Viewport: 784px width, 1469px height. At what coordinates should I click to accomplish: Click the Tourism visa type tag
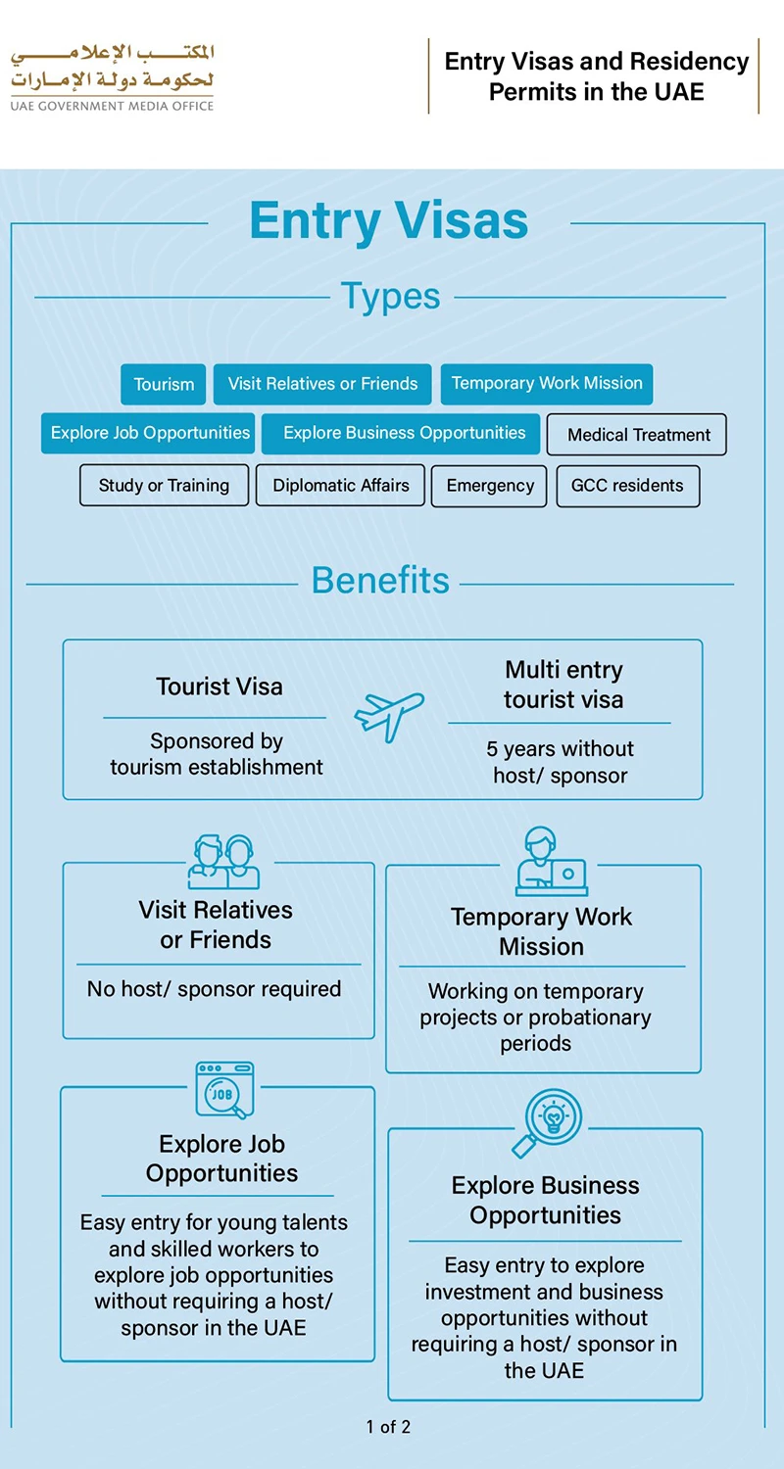tap(164, 384)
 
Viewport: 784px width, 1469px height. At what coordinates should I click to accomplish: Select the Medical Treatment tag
tap(636, 434)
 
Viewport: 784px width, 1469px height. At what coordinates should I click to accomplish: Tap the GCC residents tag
tap(628, 486)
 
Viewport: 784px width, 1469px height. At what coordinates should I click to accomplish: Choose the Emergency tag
tap(489, 486)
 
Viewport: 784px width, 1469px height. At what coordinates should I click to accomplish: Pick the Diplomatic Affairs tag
tap(340, 486)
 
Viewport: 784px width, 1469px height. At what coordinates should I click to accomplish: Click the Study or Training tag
tap(164, 486)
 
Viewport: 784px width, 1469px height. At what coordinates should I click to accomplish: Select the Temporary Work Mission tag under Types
tap(547, 384)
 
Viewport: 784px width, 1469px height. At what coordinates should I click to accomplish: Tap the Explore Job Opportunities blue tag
tap(148, 433)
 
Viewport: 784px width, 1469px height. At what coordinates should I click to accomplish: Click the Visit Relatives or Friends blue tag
tap(322, 384)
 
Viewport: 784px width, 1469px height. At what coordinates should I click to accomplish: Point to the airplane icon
tap(389, 716)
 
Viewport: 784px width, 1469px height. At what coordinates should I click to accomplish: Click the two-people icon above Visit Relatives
tap(223, 862)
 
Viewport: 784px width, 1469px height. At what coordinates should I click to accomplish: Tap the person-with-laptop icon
tap(551, 861)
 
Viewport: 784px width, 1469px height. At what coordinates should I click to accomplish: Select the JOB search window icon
tap(224, 1090)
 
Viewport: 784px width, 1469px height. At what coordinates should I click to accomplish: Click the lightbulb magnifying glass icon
tap(547, 1122)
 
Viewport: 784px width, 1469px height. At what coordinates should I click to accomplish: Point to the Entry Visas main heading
tap(389, 220)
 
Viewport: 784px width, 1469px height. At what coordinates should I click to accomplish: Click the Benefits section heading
tap(380, 581)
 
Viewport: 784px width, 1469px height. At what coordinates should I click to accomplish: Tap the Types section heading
tap(390, 296)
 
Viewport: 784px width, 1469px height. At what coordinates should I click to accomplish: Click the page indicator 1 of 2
tap(388, 1427)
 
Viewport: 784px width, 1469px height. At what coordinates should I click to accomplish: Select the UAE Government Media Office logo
tap(112, 77)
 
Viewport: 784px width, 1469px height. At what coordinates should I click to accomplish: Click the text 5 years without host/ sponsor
tap(561, 762)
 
